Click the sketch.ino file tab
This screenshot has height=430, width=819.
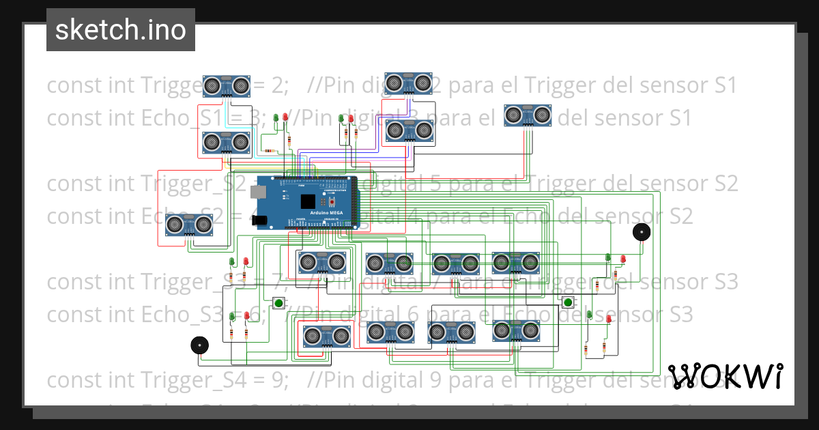[x=121, y=30]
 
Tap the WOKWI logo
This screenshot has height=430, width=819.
[x=725, y=376]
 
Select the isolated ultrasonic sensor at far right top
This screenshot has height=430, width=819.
[x=527, y=115]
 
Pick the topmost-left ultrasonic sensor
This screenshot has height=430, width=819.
[x=226, y=85]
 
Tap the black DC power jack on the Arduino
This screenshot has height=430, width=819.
[x=260, y=220]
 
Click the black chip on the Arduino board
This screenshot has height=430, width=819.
[x=308, y=201]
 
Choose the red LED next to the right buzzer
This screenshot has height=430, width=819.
[x=623, y=259]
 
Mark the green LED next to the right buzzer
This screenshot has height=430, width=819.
[x=608, y=257]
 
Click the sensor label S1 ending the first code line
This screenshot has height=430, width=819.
[x=724, y=85]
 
